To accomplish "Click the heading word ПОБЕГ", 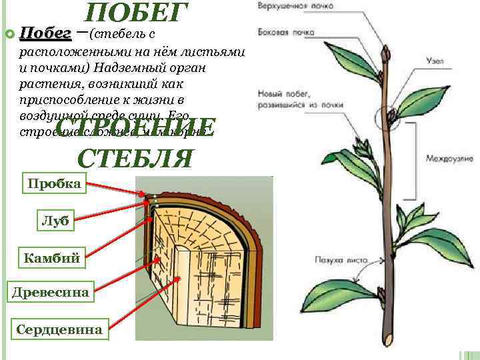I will (x=137, y=14).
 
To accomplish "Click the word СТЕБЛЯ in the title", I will (x=136, y=158).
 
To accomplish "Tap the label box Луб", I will (x=55, y=221).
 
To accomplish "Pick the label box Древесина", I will (x=49, y=291).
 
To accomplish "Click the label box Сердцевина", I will (x=60, y=329).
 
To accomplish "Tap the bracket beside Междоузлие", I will (x=415, y=158).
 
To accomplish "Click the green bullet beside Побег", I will (x=9, y=33).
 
